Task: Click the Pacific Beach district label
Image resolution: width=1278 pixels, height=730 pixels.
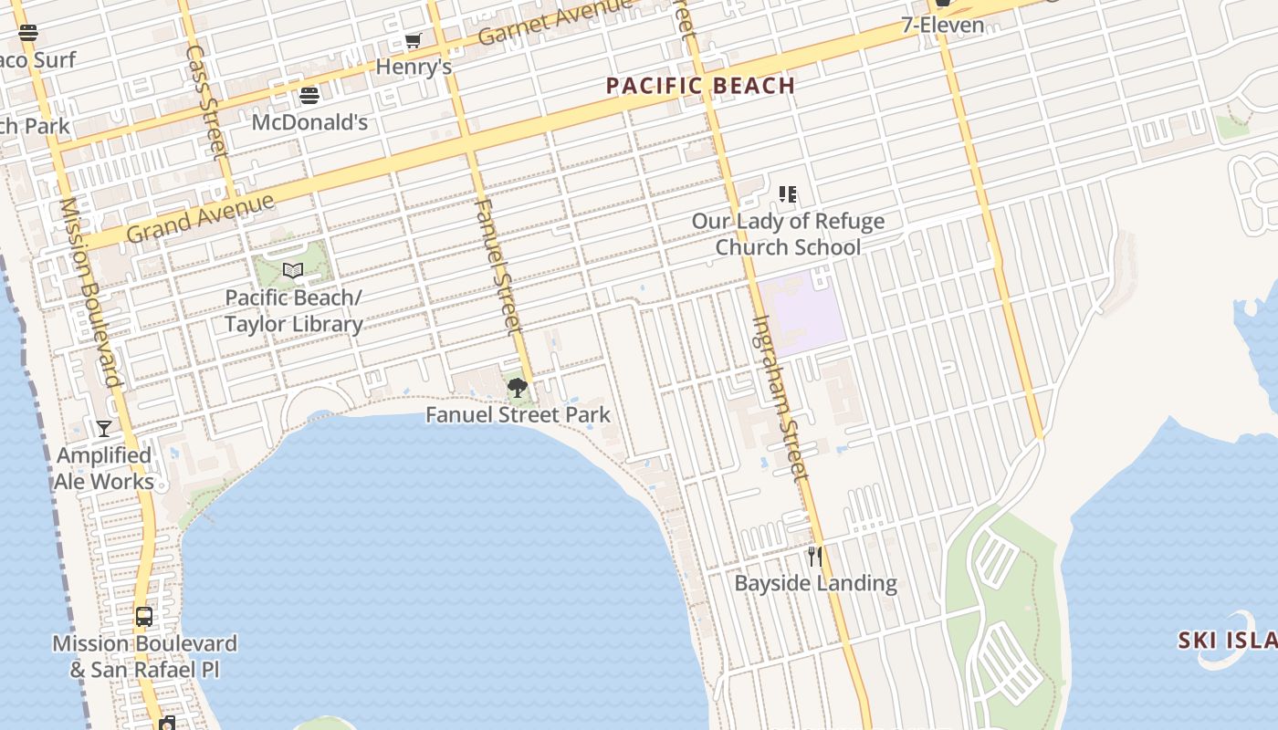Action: coord(701,87)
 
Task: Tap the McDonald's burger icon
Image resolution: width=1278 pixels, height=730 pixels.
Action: coord(309,96)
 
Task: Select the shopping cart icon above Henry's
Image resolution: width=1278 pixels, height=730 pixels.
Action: coord(413,41)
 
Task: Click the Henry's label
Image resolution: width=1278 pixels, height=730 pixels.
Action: coord(414,67)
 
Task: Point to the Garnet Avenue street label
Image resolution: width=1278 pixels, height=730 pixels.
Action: coord(554,22)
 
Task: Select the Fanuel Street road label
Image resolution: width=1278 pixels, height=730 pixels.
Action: coord(498,265)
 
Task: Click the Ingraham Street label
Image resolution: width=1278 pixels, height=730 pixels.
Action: coord(780,398)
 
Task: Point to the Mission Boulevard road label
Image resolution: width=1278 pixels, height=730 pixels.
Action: coord(90,292)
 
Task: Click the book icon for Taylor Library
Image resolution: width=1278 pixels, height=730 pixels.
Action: coord(293,270)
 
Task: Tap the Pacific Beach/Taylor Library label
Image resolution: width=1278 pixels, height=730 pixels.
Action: coord(294,310)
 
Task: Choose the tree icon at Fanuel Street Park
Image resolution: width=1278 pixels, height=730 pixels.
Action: coord(518,388)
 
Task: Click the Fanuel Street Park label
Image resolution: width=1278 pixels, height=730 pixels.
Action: coord(518,415)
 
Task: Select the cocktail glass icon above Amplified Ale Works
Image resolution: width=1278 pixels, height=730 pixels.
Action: coord(104,428)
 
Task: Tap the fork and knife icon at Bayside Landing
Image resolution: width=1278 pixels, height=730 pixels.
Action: coord(814,556)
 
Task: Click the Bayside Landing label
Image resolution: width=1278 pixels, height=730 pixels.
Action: coord(816,583)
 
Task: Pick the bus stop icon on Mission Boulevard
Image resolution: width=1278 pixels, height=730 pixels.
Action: coord(144,617)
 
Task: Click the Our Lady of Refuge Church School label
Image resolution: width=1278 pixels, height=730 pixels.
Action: coord(788,234)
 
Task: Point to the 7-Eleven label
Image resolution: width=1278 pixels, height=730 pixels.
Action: coord(943,25)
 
